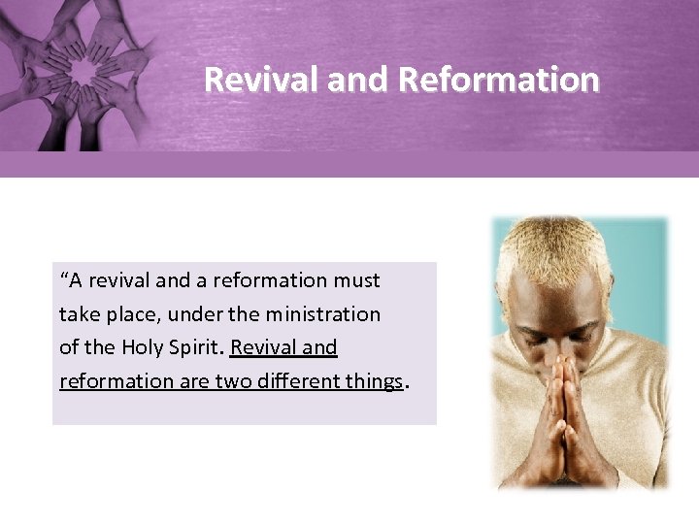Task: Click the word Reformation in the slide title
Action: pyautogui.click(x=498, y=80)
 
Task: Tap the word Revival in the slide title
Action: pyautogui.click(x=262, y=80)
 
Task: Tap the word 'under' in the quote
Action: pyautogui.click(x=194, y=314)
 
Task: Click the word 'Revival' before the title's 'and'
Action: pyautogui.click(x=262, y=80)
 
